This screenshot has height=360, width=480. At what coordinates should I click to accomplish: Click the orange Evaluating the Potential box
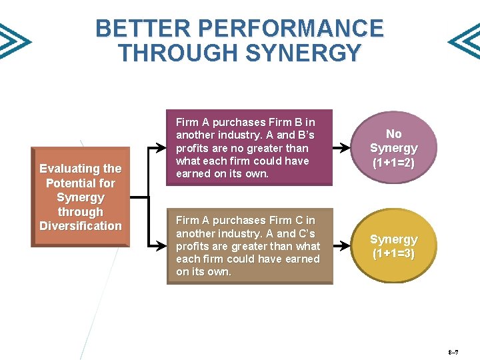pyautogui.click(x=80, y=198)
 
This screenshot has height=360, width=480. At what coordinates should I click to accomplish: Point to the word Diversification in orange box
pyautogui.click(x=81, y=226)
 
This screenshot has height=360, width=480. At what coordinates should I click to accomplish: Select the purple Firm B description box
pyautogui.click(x=249, y=148)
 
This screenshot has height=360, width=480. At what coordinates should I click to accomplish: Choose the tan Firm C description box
pyautogui.click(x=249, y=246)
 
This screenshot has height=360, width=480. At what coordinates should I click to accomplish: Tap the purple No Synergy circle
pyautogui.click(x=393, y=148)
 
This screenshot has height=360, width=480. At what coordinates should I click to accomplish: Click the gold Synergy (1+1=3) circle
pyautogui.click(x=393, y=246)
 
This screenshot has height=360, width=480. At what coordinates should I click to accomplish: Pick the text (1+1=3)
pyautogui.click(x=393, y=254)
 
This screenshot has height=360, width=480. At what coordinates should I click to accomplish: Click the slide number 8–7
pyautogui.click(x=453, y=351)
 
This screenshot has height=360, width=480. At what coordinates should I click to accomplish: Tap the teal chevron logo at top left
pyautogui.click(x=13, y=41)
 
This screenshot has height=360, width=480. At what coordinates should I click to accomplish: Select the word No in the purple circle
pyautogui.click(x=393, y=134)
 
